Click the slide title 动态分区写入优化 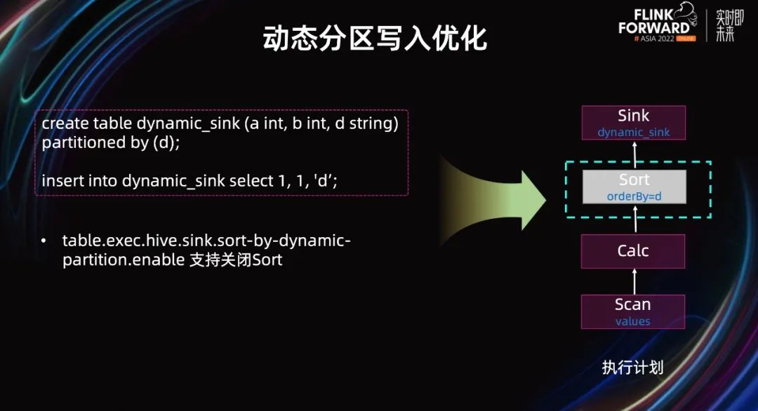tap(375, 38)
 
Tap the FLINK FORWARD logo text tap(654, 22)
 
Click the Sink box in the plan tap(633, 123)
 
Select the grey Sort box tap(634, 187)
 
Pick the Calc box tap(633, 251)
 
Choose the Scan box tap(633, 311)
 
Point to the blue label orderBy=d tap(634, 196)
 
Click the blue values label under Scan tap(633, 321)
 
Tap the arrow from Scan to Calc tap(634, 281)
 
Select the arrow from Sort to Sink tap(634, 154)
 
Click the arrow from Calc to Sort tap(635, 219)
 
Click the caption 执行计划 tap(632, 368)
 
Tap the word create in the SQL tap(65, 123)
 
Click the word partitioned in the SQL tap(81, 143)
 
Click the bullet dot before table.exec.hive tap(44, 241)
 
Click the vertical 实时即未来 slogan tap(729, 26)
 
